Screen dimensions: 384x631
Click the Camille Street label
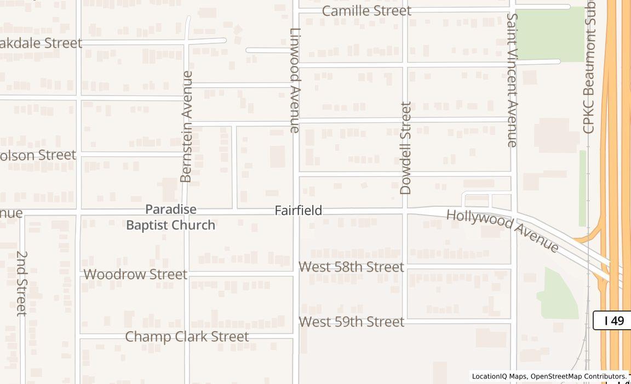(x=366, y=11)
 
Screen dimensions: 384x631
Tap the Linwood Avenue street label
(x=295, y=80)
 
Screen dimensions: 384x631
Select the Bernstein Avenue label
(x=187, y=126)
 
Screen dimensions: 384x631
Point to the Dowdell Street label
(x=405, y=148)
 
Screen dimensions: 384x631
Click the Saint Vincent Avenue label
(x=512, y=80)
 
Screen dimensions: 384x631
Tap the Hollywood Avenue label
(x=502, y=230)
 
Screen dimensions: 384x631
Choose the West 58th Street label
(x=351, y=267)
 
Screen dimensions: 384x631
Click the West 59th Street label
(x=351, y=322)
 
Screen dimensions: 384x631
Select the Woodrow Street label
(x=135, y=274)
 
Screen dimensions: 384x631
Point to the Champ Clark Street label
(x=187, y=337)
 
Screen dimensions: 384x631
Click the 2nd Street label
(x=22, y=283)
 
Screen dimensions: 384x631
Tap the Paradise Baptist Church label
(x=170, y=217)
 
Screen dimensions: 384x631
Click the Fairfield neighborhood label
(x=298, y=210)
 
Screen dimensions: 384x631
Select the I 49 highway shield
(x=613, y=320)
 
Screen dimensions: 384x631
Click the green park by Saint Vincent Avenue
(x=549, y=34)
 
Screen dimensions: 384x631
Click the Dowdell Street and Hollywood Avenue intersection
(x=405, y=210)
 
